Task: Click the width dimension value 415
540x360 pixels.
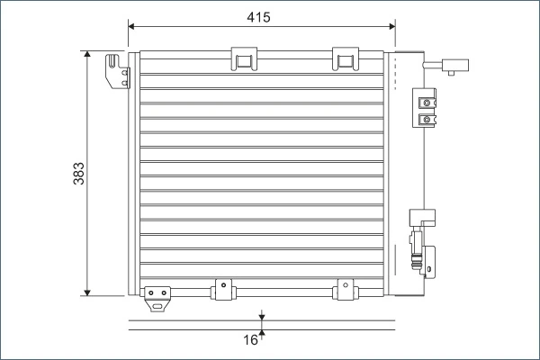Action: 258,17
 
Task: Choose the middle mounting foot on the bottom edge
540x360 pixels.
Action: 220,290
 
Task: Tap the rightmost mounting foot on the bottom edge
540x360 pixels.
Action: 344,290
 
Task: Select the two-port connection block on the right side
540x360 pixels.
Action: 427,108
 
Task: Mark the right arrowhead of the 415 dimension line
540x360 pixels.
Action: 393,26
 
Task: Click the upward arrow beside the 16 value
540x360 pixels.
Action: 262,333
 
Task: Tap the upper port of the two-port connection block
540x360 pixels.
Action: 427,101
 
